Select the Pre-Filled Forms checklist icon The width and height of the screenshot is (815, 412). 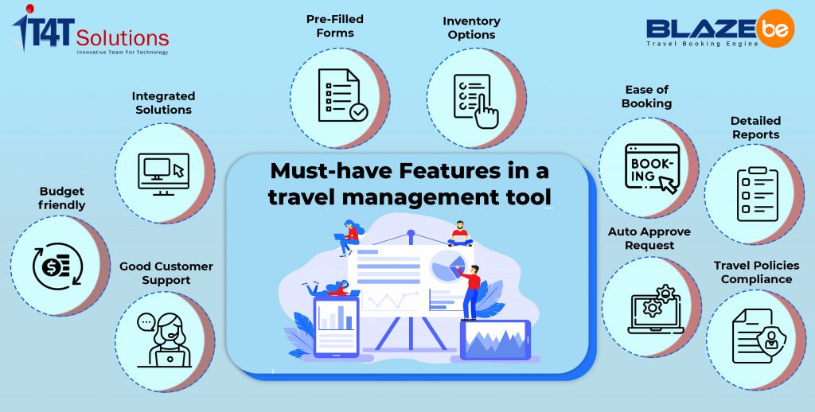(x=342, y=95)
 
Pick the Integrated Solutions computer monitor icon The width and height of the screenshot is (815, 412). (x=163, y=174)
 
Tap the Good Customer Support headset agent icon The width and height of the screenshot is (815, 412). (x=165, y=340)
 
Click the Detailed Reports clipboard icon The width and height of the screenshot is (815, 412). (x=758, y=194)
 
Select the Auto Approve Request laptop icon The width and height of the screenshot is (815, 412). (x=656, y=309)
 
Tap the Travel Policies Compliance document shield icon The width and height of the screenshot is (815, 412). (x=758, y=336)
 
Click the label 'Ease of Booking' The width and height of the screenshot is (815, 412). (x=646, y=96)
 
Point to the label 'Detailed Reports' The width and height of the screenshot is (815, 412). (x=755, y=128)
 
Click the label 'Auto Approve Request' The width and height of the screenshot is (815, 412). (x=649, y=239)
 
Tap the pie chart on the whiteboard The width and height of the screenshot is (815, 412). (x=447, y=264)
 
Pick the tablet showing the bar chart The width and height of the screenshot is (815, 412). (x=336, y=327)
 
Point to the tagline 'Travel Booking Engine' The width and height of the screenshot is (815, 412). (x=703, y=44)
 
